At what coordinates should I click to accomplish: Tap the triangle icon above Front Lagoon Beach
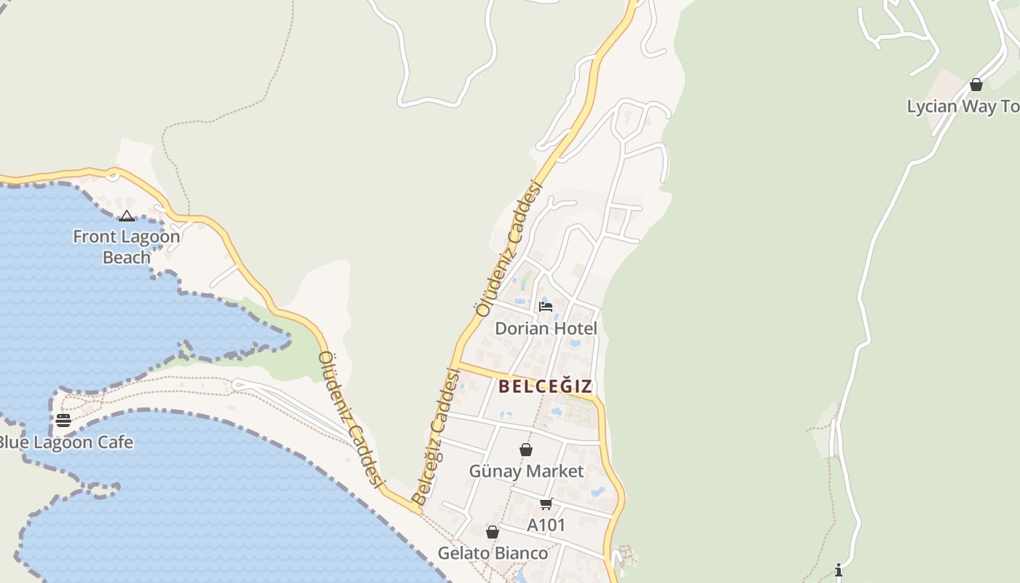pos(127,216)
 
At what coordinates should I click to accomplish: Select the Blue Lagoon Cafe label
pos(66,442)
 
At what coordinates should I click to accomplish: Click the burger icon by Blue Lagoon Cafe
pos(63,420)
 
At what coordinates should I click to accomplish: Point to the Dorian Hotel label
pos(546,329)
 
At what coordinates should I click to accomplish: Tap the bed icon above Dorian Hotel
pos(546,307)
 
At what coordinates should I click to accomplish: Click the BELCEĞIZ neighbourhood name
pos(546,386)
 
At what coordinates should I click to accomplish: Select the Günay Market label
pos(526,472)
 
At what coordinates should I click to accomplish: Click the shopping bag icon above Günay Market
pos(526,450)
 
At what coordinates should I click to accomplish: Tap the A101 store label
pos(546,525)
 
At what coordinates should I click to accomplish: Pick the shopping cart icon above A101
pos(546,504)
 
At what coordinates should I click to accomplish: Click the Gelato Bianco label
pos(493,554)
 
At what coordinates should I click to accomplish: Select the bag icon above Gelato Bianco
pos(493,532)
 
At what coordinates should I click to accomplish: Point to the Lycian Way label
pos(962,106)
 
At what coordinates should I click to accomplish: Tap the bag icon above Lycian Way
pos(976,85)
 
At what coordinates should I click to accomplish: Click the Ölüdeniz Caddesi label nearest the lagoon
pos(351,419)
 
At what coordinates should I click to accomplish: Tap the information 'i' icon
pos(839,569)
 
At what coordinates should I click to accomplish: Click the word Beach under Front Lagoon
pos(126,257)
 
